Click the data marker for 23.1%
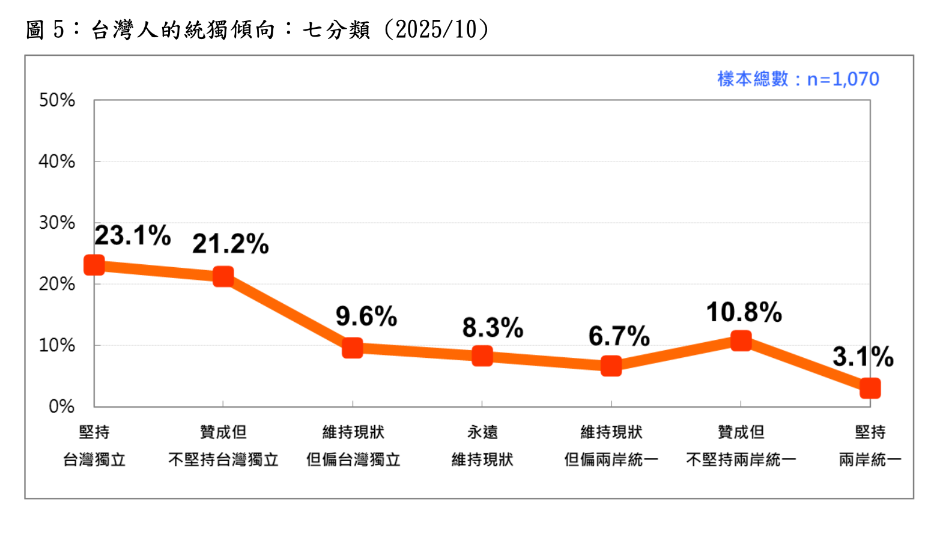94,265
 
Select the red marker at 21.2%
223,277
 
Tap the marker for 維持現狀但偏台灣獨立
353,348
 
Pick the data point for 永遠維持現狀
482,356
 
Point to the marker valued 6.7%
611,366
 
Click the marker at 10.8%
741,341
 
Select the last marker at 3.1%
870,388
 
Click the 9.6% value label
366,316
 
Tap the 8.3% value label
493,328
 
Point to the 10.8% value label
744,312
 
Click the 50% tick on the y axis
57,100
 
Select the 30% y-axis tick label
57,223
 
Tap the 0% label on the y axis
61,406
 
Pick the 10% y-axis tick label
57,345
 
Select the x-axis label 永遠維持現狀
482,446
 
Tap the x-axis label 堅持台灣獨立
94,446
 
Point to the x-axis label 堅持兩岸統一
870,446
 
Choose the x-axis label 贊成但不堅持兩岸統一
741,446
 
